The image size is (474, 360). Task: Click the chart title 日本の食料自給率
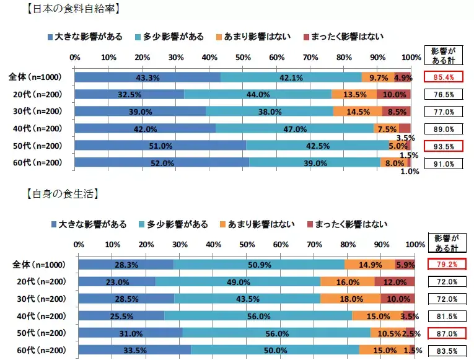point(74,9)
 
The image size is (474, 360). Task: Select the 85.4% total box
point(444,77)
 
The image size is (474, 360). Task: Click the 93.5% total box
point(444,147)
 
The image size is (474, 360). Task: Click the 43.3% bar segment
point(147,77)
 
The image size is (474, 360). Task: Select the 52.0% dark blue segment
point(161,164)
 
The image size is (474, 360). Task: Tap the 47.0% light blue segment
point(294,129)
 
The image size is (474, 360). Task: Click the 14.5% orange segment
point(358,112)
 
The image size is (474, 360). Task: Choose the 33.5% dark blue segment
point(134,350)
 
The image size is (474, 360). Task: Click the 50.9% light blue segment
point(259,265)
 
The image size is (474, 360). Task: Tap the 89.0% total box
point(444,130)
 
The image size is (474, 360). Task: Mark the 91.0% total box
point(444,164)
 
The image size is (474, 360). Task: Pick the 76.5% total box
point(444,95)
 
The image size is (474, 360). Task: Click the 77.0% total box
point(444,112)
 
